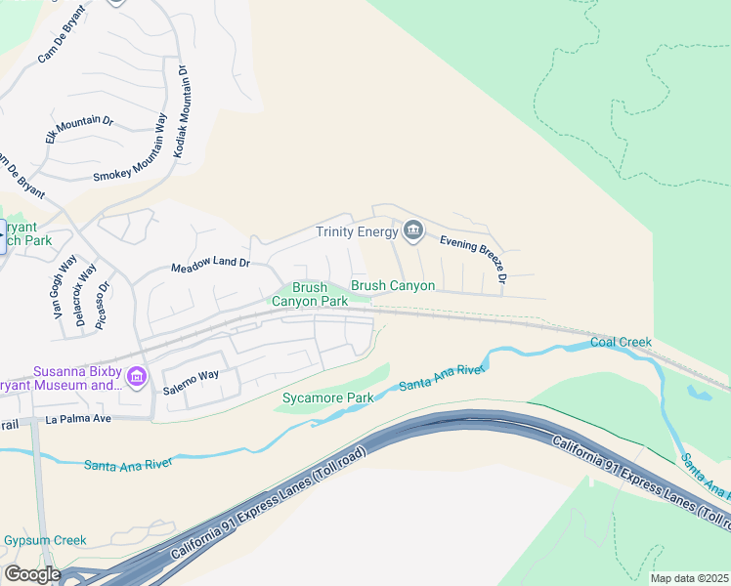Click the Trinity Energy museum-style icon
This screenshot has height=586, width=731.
[x=413, y=230]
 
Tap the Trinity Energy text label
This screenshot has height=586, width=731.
[x=357, y=231]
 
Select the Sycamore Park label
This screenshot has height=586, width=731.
[x=327, y=398]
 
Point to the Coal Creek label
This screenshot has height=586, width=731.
[x=621, y=343]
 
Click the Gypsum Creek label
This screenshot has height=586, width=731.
[x=44, y=540]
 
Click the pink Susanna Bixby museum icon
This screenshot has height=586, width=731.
[x=137, y=377]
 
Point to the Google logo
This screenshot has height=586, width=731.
[x=32, y=574]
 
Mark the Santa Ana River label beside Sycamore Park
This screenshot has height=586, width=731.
[x=443, y=379]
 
